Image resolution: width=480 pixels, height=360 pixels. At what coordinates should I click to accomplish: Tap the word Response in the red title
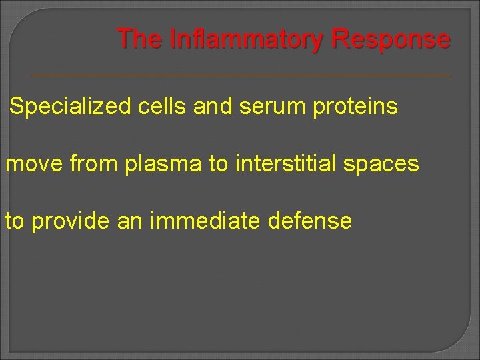point(390,39)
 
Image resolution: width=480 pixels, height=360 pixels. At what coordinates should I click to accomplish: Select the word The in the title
point(139,39)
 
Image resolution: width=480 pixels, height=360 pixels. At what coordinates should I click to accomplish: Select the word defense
point(309,221)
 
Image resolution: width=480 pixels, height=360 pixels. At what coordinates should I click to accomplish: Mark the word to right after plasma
point(218,164)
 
